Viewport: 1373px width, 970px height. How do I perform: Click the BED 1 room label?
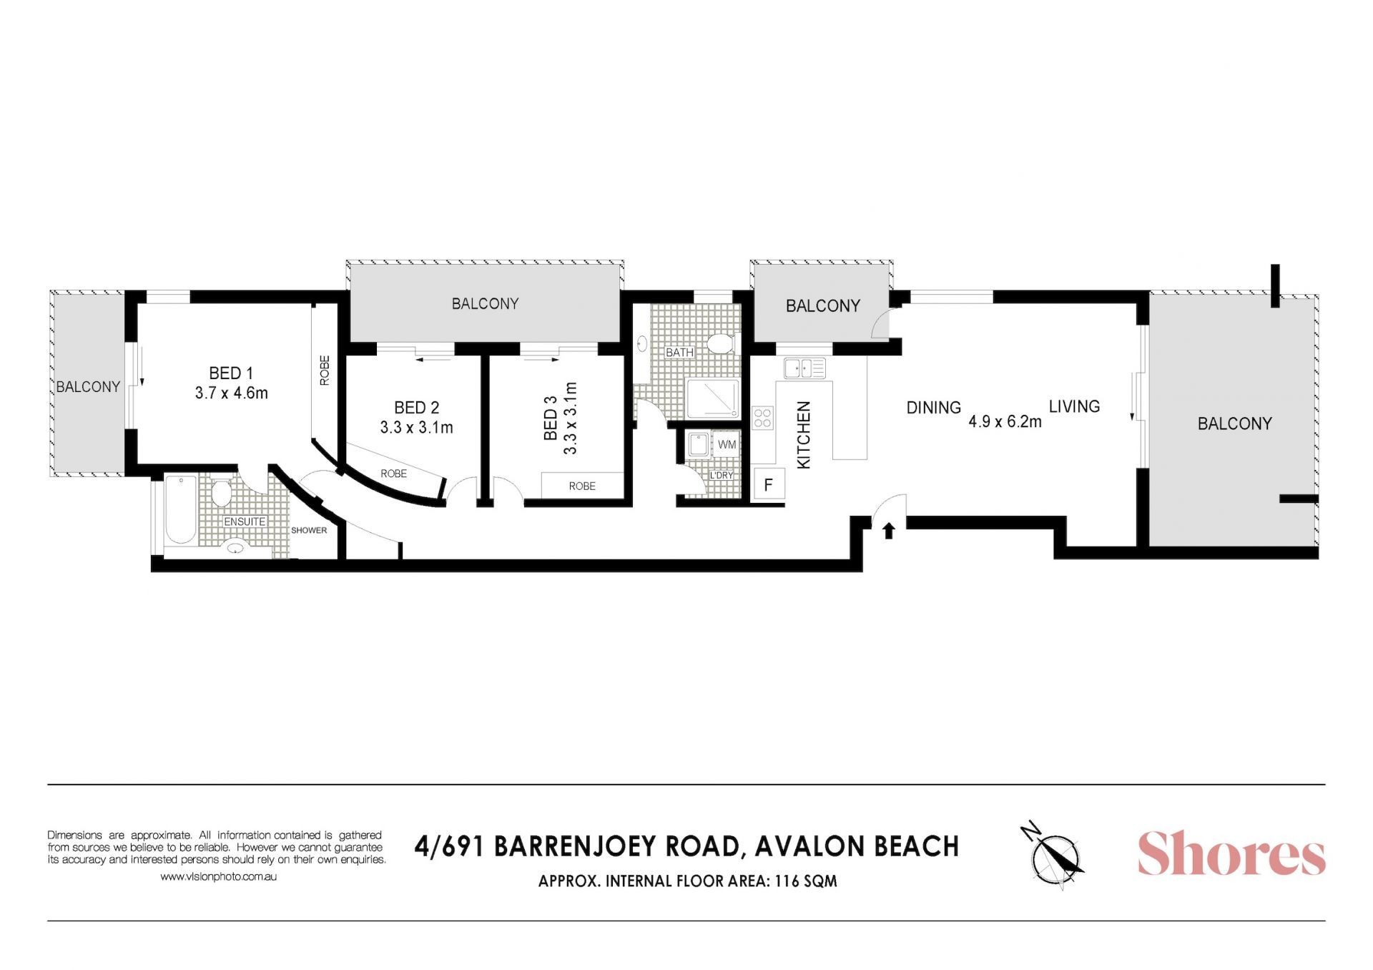tap(231, 373)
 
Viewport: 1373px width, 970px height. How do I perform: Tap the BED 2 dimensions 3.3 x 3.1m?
tap(417, 428)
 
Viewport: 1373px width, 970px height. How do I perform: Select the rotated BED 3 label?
tap(551, 418)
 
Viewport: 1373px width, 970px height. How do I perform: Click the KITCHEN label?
tap(804, 435)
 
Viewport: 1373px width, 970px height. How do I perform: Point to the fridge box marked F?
tap(769, 484)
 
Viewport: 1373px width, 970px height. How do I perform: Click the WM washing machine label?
tap(727, 445)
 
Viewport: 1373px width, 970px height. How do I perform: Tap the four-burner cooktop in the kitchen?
tap(763, 418)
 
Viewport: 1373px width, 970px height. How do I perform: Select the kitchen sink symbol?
tap(804, 368)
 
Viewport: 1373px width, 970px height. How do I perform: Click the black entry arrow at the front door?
tap(889, 530)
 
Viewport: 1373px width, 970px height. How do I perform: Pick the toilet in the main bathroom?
tap(720, 343)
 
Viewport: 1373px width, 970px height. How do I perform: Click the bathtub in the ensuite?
tap(181, 509)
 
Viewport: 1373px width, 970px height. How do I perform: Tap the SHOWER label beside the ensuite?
tap(309, 530)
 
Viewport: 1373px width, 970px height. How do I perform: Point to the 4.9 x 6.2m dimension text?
tap(1005, 422)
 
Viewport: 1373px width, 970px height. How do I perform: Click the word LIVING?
tap(1074, 406)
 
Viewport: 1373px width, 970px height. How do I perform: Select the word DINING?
tap(933, 408)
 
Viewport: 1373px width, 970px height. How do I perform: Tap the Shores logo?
tap(1231, 853)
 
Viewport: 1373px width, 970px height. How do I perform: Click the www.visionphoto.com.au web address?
tap(218, 876)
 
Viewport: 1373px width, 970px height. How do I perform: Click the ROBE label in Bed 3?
tap(582, 486)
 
